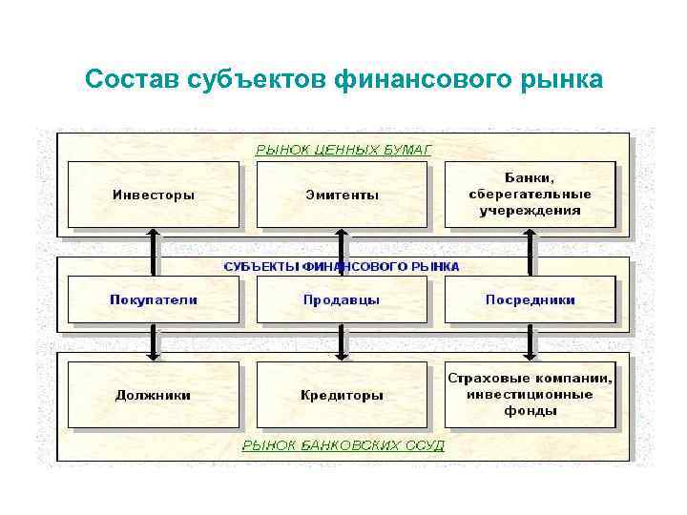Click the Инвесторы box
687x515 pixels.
point(153,195)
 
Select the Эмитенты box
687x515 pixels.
point(342,195)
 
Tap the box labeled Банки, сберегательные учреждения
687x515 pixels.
point(530,195)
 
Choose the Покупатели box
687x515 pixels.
point(153,299)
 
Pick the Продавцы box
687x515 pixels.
point(342,299)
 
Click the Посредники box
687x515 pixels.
point(530,299)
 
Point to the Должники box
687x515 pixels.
point(153,395)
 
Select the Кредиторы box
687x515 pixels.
point(342,395)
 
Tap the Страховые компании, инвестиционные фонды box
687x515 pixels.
point(530,395)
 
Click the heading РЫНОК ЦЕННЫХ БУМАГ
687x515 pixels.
point(343,150)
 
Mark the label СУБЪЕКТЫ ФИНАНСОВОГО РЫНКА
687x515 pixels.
point(342,267)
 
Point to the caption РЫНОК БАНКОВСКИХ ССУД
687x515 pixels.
point(343,445)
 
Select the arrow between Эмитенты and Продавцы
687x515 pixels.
point(342,250)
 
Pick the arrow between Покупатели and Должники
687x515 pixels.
point(153,342)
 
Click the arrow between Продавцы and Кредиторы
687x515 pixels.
point(342,342)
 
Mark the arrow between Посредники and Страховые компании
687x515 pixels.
point(530,342)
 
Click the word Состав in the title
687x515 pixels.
point(125,79)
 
